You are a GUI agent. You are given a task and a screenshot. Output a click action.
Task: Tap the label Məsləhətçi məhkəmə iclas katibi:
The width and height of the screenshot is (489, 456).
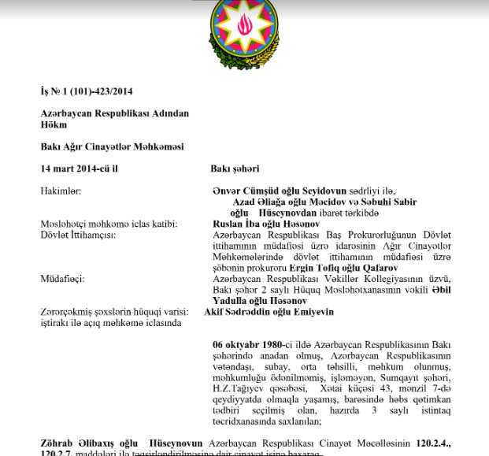(109, 224)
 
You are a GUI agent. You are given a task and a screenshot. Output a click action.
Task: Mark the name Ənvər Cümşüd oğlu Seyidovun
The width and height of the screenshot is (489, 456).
(280, 191)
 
